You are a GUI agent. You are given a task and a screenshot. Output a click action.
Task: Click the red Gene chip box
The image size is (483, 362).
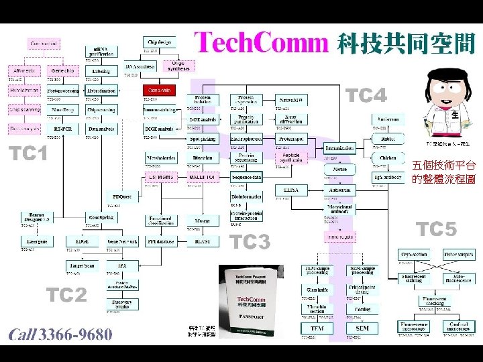[160, 90]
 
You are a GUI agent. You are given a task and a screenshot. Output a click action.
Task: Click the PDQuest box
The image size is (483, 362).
[121, 196]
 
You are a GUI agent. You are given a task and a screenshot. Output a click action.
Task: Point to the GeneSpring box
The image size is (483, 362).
[101, 218]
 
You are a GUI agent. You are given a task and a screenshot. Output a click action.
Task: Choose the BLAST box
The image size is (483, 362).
[203, 241]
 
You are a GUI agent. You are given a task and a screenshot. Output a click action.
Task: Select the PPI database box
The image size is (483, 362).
[160, 241]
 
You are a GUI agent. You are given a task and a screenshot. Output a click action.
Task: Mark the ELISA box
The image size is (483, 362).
[291, 190]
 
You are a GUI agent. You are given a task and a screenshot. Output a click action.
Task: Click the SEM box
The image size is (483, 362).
[362, 328]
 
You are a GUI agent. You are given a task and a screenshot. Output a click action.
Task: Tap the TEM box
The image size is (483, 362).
[316, 328]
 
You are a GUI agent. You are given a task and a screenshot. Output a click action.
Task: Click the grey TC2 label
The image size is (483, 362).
[65, 295]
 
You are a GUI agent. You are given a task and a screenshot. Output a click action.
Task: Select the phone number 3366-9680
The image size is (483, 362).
[75, 335]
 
